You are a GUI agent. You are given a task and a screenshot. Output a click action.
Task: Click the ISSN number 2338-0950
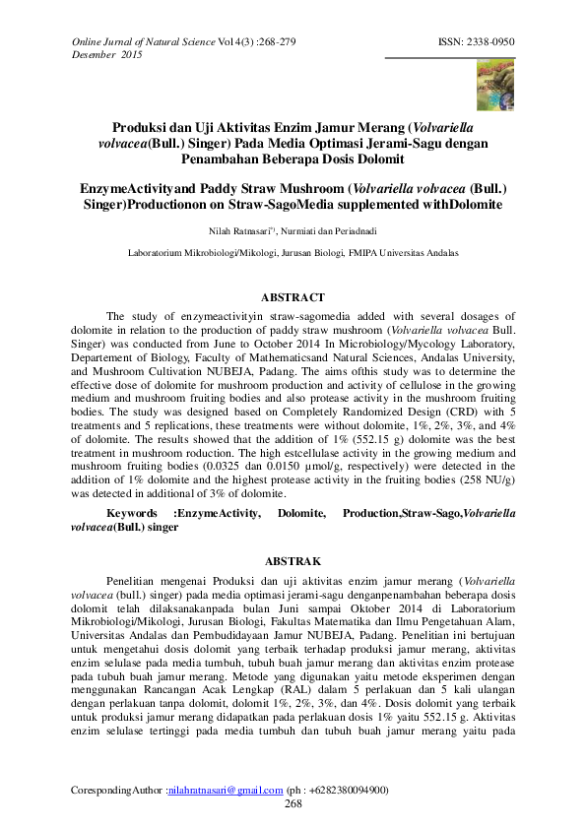pyautogui.click(x=492, y=42)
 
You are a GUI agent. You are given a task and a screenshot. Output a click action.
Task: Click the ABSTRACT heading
pyautogui.click(x=293, y=296)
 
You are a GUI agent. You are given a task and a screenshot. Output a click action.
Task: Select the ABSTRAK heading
pyautogui.click(x=293, y=560)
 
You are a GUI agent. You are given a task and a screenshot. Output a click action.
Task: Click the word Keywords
pyautogui.click(x=132, y=514)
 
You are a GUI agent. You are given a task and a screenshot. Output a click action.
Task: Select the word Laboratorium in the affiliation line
pyautogui.click(x=162, y=253)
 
